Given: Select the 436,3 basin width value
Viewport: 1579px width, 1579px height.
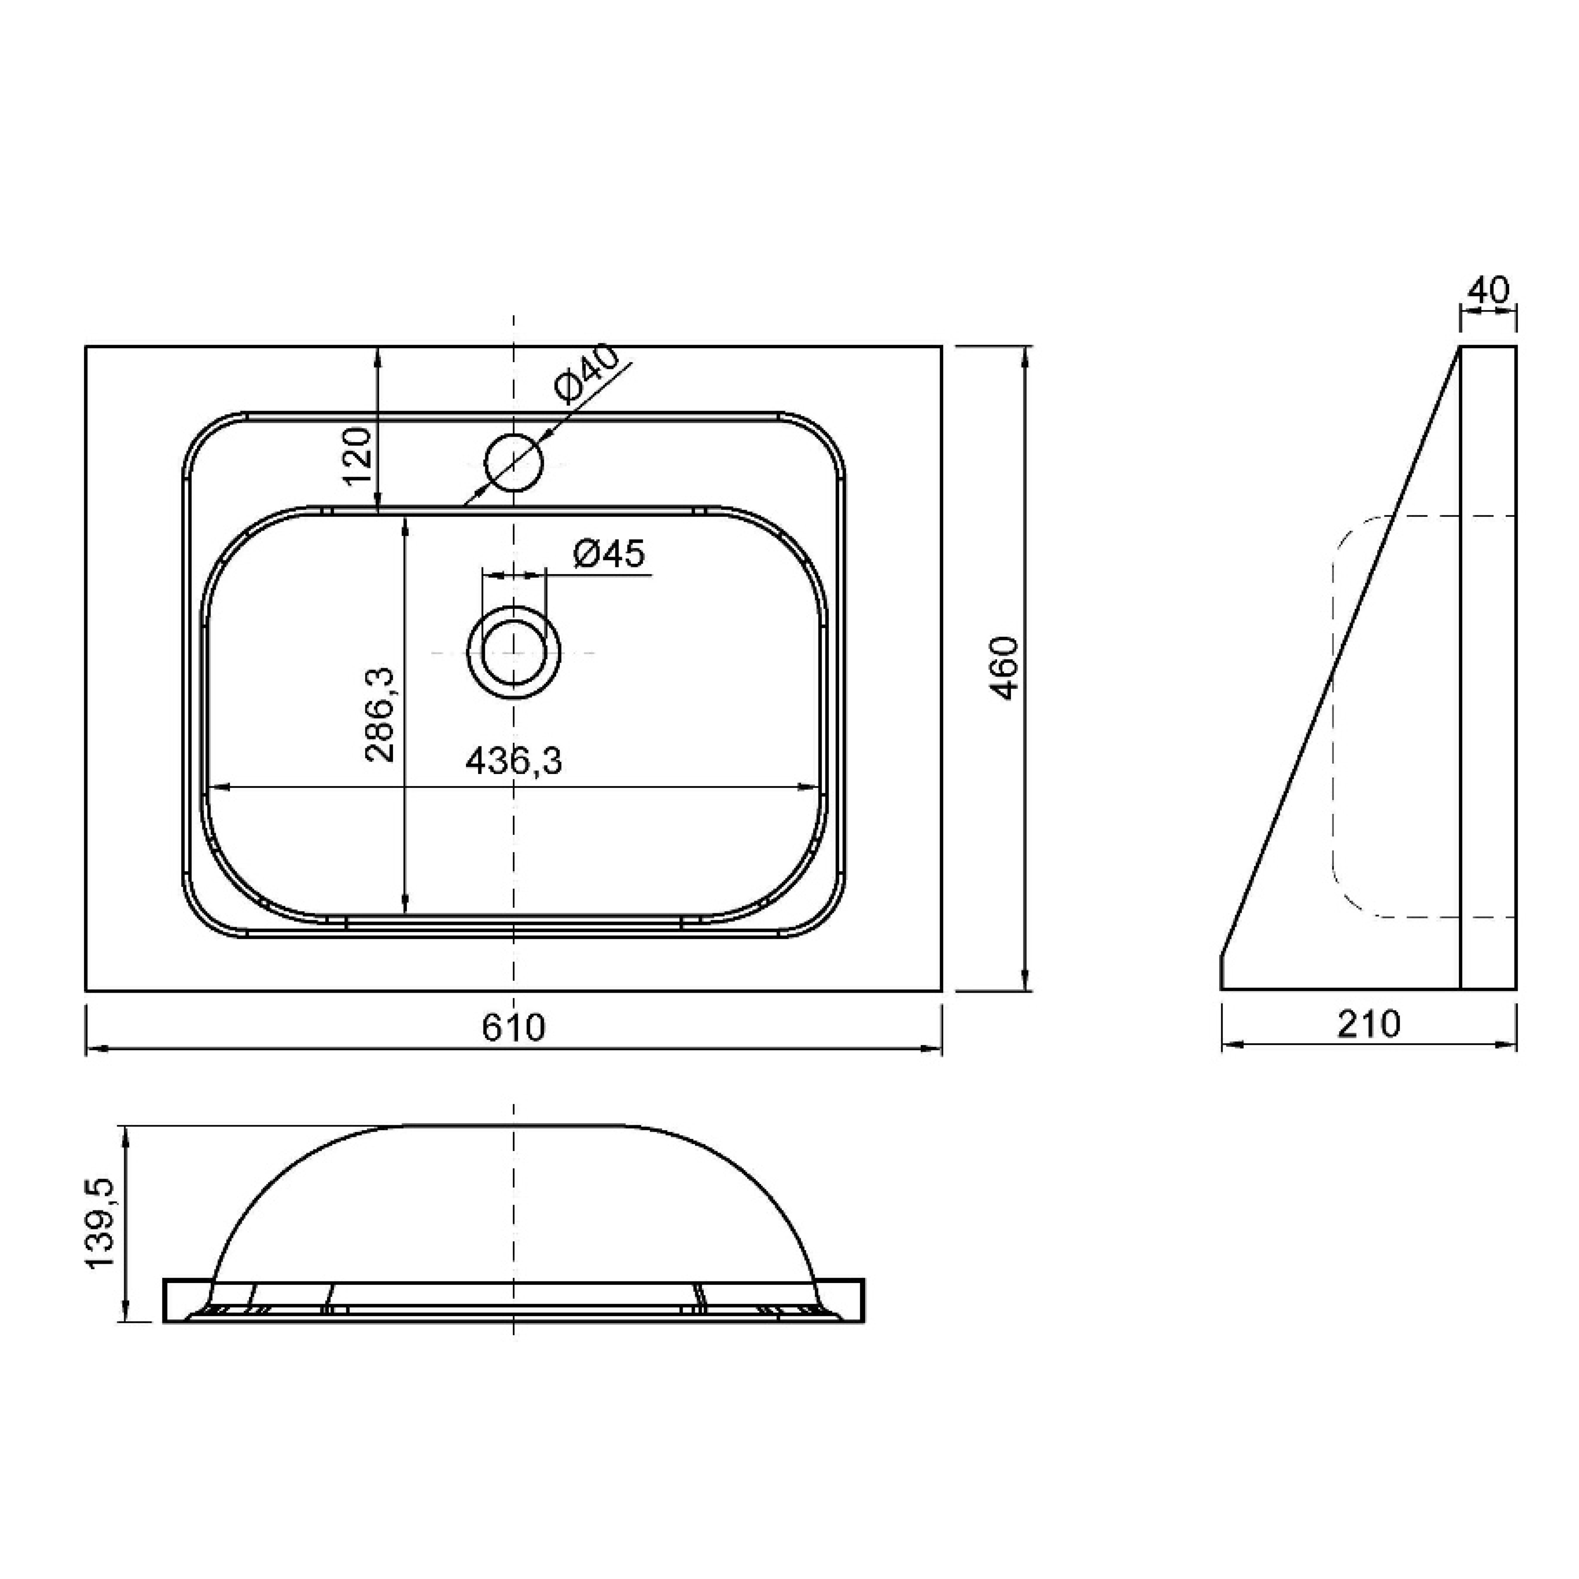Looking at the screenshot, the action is tap(514, 762).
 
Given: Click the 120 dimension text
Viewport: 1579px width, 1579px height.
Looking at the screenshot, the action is tap(357, 456).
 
